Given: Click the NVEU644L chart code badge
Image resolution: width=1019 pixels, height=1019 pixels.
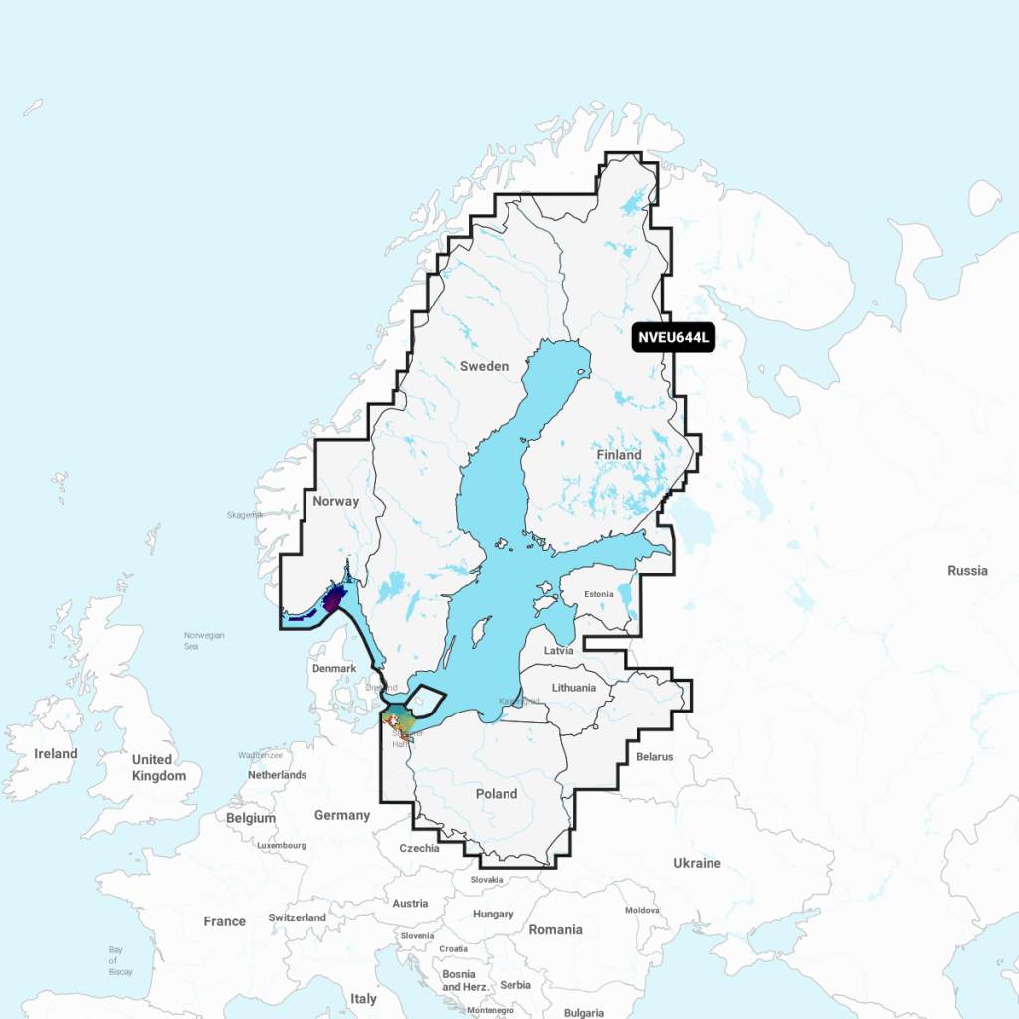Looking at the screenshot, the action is (674, 337).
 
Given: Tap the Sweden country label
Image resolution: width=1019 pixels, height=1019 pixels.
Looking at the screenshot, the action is (484, 366).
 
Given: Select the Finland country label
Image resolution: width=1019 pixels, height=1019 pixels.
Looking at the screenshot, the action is (619, 455).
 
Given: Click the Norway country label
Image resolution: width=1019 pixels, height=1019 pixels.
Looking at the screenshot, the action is (335, 501).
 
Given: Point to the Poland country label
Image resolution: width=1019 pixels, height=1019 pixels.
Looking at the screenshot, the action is (497, 793).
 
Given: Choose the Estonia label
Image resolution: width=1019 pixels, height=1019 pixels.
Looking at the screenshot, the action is (599, 594).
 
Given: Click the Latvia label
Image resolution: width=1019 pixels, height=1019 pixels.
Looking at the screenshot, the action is (560, 650).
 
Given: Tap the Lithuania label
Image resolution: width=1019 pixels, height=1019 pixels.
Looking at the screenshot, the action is (573, 688).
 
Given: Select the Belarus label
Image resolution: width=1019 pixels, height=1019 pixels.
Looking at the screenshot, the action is (654, 757).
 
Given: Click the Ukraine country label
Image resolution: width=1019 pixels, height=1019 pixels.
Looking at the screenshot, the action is (697, 863).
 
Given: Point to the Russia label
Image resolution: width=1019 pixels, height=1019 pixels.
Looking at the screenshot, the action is (967, 571).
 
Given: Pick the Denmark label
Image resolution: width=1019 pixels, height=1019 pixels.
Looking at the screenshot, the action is (334, 668).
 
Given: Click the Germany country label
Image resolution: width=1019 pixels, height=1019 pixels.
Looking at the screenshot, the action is (342, 815).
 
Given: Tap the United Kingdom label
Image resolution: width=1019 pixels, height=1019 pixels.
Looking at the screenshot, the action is (159, 767).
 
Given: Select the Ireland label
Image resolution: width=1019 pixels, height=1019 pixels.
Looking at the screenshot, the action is (56, 753).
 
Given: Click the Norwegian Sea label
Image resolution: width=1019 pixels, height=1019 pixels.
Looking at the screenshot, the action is (204, 640).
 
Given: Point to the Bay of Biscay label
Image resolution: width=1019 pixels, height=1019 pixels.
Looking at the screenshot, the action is (115, 960).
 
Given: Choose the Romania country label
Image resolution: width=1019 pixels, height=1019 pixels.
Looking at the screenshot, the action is (555, 929).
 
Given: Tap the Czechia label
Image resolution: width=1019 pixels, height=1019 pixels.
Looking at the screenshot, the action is (419, 849).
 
